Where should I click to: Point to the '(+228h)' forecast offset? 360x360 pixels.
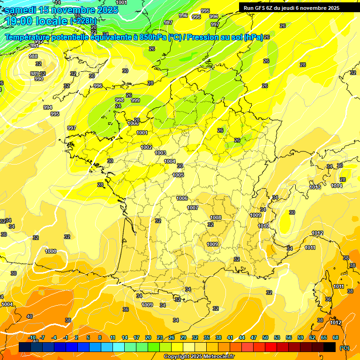(83, 21)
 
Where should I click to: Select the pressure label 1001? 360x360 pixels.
(142, 133)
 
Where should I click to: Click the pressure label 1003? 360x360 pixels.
(160, 153)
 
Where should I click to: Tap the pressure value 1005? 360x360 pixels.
(178, 175)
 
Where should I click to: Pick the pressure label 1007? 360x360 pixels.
(193, 208)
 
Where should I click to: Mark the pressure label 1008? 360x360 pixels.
(216, 217)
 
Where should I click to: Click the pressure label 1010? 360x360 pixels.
(263, 226)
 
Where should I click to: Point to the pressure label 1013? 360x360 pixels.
(315, 187)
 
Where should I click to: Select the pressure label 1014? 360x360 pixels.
(337, 186)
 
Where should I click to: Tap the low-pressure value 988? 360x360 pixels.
(33, 56)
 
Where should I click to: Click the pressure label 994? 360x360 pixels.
(48, 107)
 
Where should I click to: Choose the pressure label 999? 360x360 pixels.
(135, 100)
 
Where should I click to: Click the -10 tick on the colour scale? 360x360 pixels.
(32, 337)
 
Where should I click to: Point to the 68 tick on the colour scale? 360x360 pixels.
(336, 337)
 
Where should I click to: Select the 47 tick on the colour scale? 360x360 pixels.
(254, 337)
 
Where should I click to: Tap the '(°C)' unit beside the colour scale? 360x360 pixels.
(345, 348)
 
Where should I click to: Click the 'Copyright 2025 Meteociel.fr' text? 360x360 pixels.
(199, 356)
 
